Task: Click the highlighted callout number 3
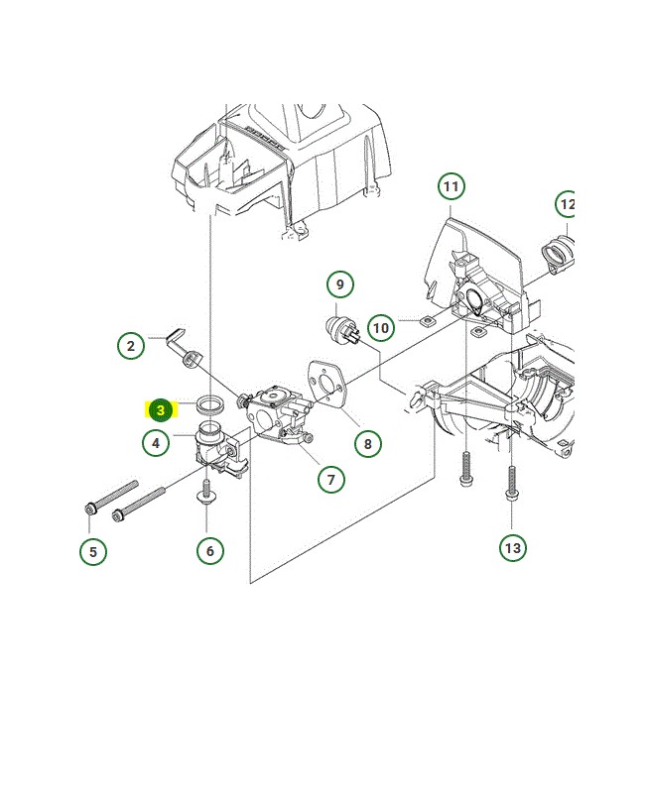pyautogui.click(x=160, y=409)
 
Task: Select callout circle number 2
pyautogui.click(x=131, y=346)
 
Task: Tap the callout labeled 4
pyautogui.click(x=156, y=442)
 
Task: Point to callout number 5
pyautogui.click(x=93, y=551)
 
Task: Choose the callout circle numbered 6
pyautogui.click(x=209, y=549)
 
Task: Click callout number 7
pyautogui.click(x=331, y=479)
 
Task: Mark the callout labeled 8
pyautogui.click(x=367, y=443)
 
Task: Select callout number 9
pyautogui.click(x=339, y=284)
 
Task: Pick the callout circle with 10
pyautogui.click(x=381, y=327)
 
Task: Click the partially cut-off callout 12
pyautogui.click(x=567, y=205)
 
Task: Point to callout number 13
pyautogui.click(x=512, y=547)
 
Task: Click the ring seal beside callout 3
pyautogui.click(x=210, y=404)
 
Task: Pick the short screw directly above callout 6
pyautogui.click(x=207, y=495)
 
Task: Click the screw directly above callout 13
pyautogui.click(x=511, y=485)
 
